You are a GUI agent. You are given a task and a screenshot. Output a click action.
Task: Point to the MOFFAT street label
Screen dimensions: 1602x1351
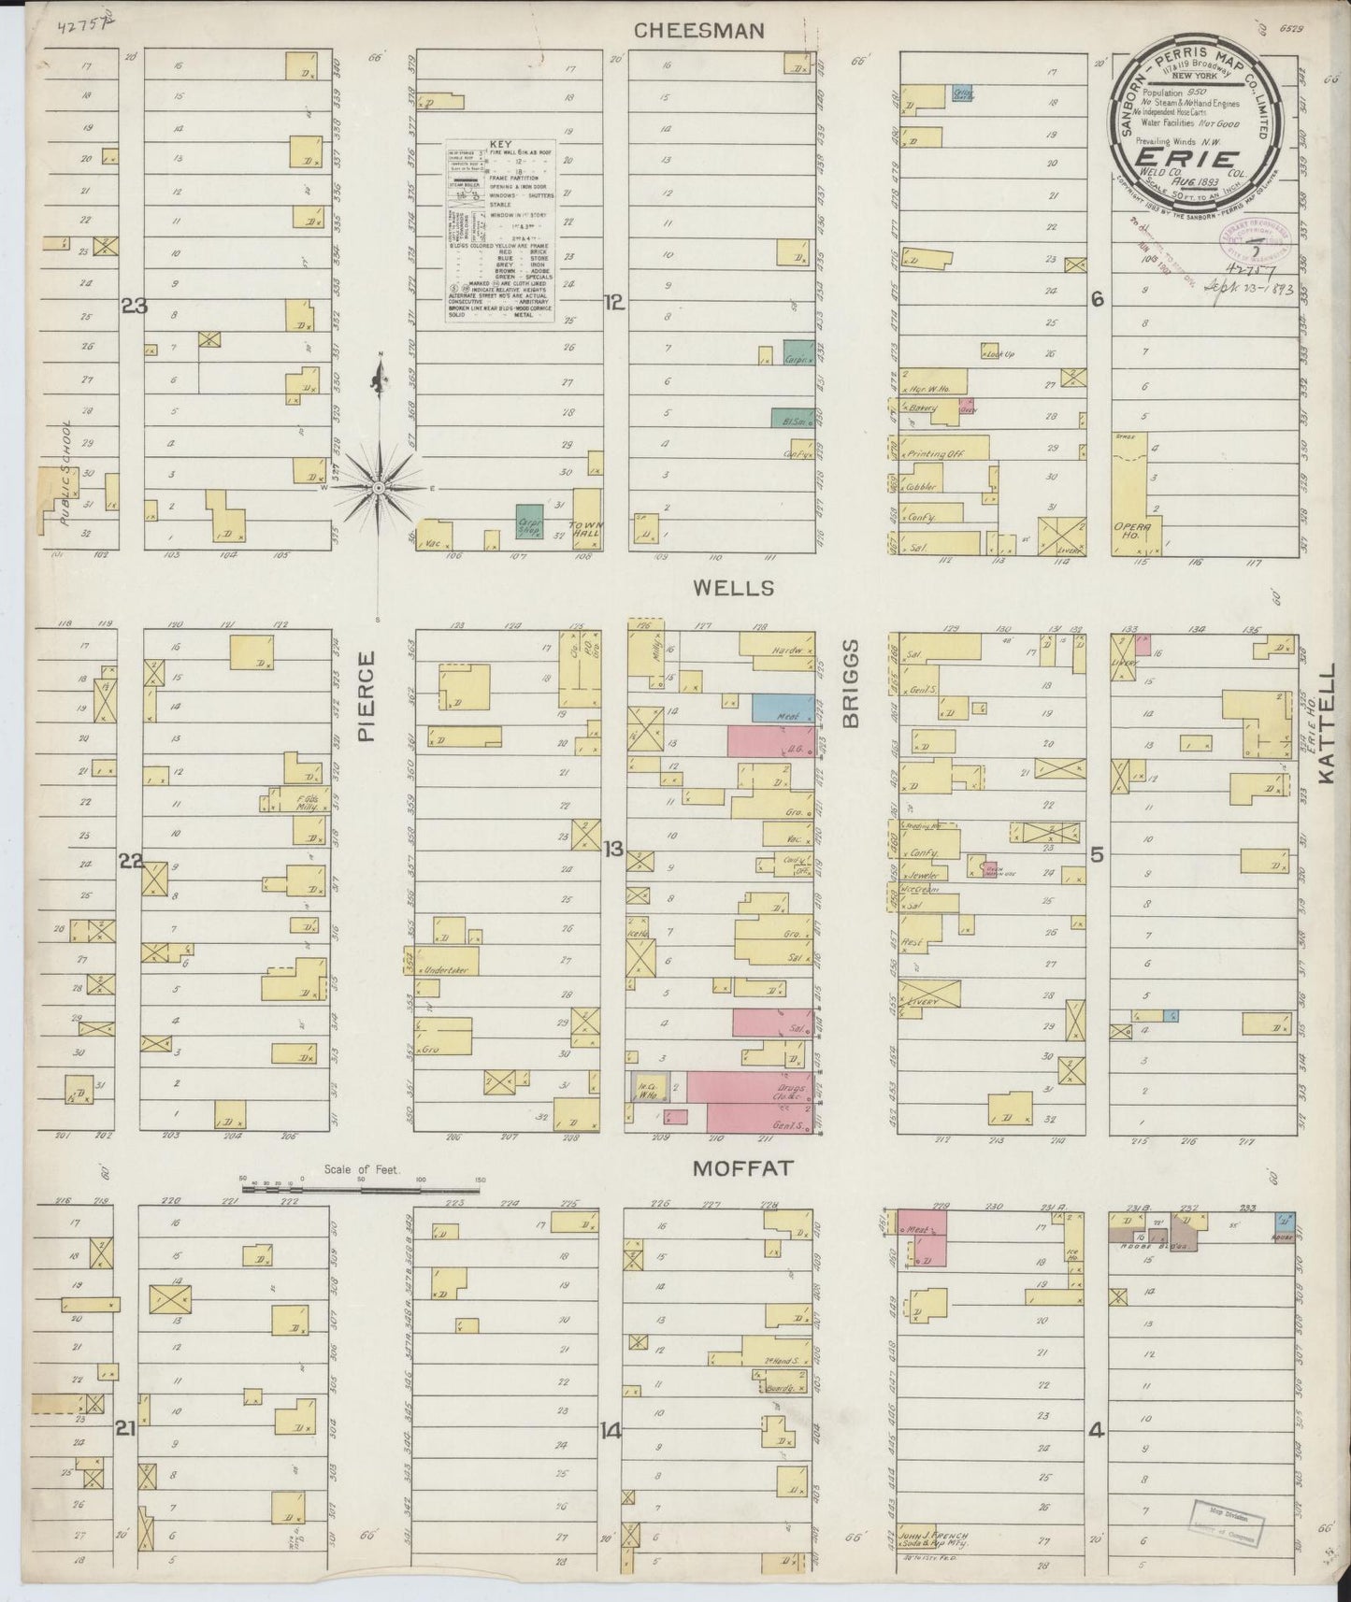(x=743, y=1168)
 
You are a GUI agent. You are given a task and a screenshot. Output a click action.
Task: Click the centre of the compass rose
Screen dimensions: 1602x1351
(x=379, y=488)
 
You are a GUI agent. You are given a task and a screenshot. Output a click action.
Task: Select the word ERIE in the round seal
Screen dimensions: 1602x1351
(x=1187, y=159)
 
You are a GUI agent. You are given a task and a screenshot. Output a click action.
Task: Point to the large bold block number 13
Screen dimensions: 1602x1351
(x=613, y=849)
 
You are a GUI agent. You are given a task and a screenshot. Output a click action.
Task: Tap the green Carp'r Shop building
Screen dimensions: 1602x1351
(x=531, y=522)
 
